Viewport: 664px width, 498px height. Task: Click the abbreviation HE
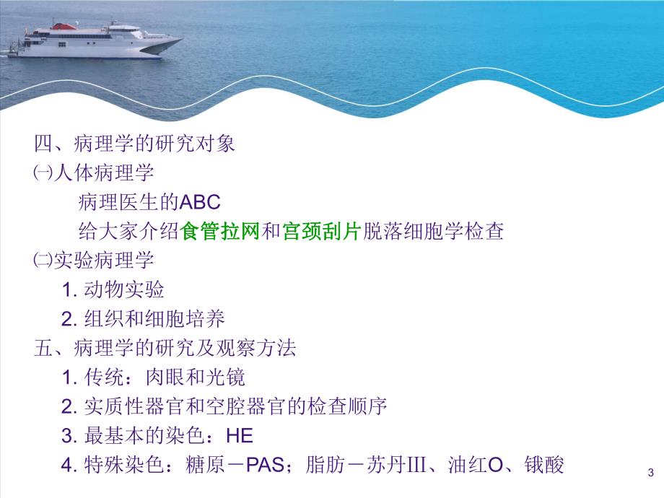coord(240,436)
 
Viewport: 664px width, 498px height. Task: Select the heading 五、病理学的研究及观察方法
coord(165,348)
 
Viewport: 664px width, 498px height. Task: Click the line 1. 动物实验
coord(113,290)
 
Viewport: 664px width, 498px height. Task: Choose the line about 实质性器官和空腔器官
coord(224,406)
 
